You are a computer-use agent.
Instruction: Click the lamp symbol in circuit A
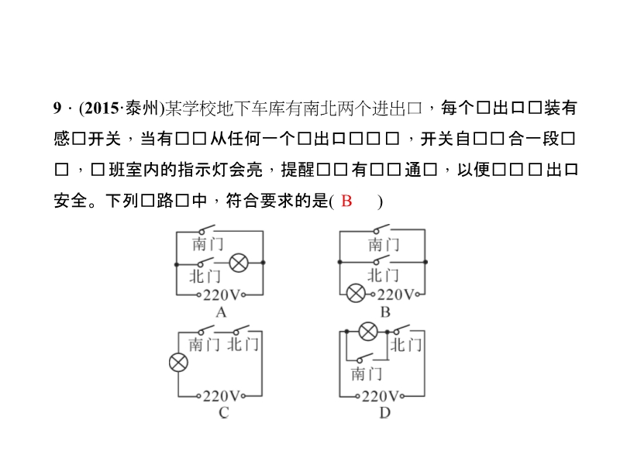click(x=239, y=263)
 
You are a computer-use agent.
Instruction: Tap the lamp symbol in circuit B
click(x=356, y=294)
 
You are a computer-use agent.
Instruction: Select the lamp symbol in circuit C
click(x=179, y=362)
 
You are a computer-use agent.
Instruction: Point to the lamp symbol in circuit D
click(x=369, y=332)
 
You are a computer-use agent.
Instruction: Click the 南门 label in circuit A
click(x=208, y=245)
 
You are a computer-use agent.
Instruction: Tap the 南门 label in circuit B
click(x=384, y=245)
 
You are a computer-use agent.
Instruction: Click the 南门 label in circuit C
click(x=205, y=344)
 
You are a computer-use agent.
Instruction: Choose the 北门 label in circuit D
click(x=406, y=344)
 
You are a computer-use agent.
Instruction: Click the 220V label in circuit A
click(x=225, y=295)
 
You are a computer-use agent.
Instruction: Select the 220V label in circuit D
click(x=384, y=396)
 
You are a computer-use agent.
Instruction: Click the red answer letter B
click(x=346, y=201)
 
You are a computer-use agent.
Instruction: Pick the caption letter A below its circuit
click(x=221, y=312)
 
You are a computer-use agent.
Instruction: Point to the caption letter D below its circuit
click(x=384, y=413)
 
